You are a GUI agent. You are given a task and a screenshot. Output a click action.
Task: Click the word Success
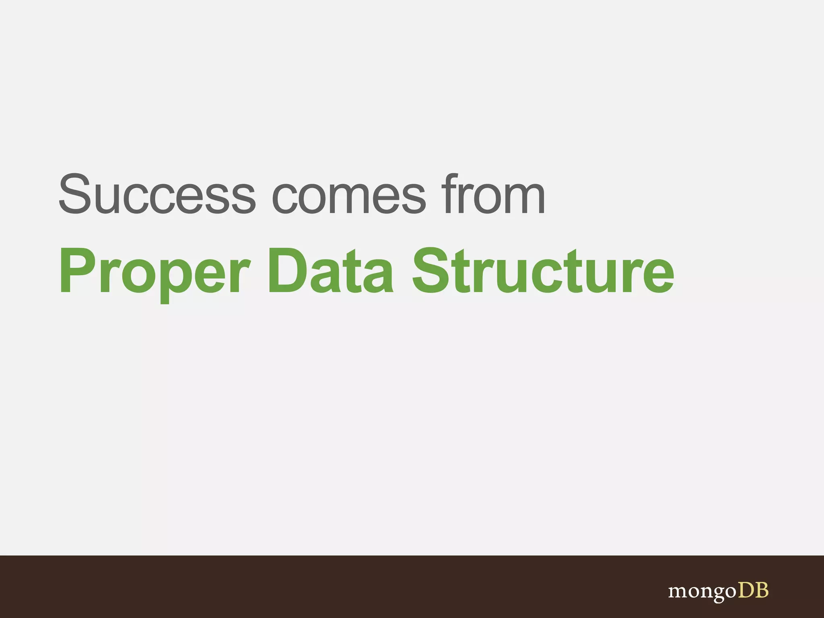point(157,194)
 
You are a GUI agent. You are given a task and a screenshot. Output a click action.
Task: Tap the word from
point(493,194)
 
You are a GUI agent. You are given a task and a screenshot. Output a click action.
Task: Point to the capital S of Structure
point(432,270)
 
